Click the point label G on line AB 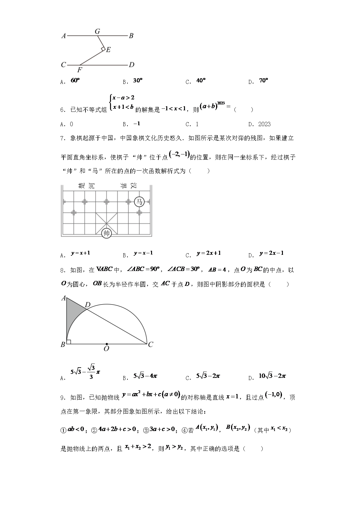tap(97, 31)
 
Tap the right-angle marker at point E tap(103, 49)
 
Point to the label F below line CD tap(80, 70)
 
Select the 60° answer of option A tap(75, 80)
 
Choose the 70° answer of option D tap(263, 80)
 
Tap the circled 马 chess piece tap(139, 202)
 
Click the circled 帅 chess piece tap(106, 233)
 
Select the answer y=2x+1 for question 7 tap(209, 253)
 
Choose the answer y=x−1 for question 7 tap(143, 253)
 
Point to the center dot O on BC tap(107, 344)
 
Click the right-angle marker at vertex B tap(69, 342)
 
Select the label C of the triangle tap(151, 344)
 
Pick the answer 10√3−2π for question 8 tap(272, 376)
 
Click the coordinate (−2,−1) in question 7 tap(179, 154)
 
